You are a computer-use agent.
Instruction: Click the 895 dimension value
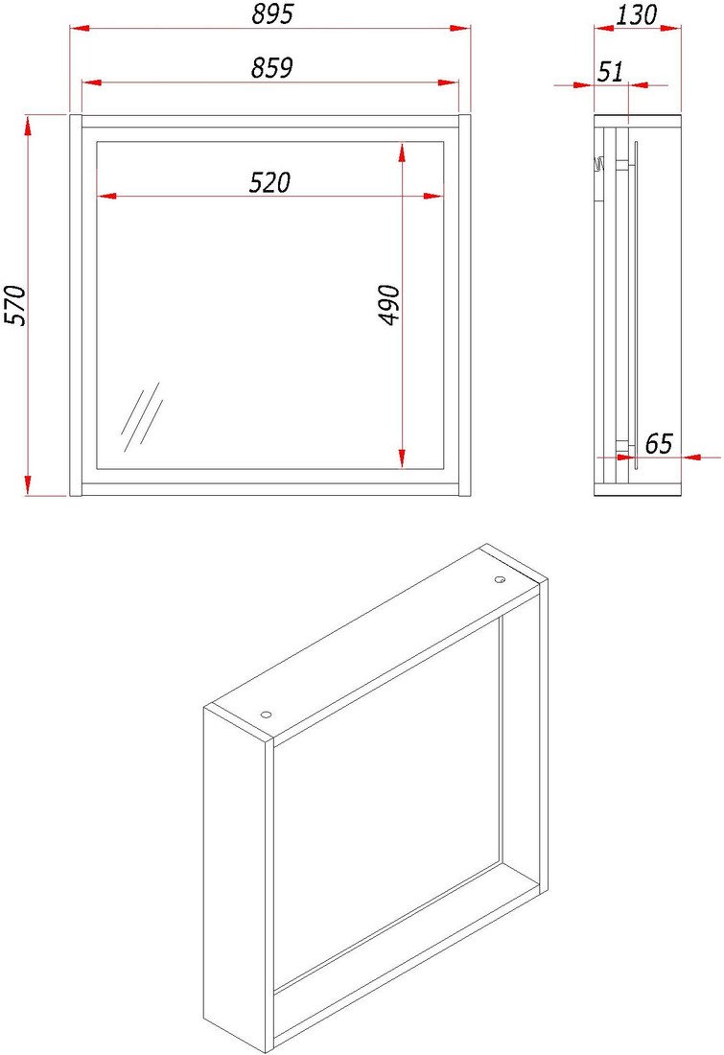point(272,14)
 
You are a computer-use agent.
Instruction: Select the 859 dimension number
point(271,68)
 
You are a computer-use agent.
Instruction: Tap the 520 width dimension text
point(269,182)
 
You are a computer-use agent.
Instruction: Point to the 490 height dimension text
point(390,305)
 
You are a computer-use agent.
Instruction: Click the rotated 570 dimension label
point(15,305)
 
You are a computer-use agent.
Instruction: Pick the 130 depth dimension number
point(637,14)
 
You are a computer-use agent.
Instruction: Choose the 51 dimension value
point(611,71)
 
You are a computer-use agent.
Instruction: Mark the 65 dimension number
point(659,444)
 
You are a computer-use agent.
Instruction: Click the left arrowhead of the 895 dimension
point(80,28)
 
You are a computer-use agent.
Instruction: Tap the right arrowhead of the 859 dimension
point(449,82)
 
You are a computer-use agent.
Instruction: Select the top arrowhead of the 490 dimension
point(402,152)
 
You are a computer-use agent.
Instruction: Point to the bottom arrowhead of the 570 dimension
point(28,485)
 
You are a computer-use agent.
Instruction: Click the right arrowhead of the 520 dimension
point(434,197)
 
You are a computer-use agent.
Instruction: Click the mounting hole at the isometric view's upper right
point(500,579)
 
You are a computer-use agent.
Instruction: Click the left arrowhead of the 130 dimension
point(604,28)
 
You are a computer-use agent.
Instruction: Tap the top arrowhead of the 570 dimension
point(28,126)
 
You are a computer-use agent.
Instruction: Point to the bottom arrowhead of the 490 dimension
point(402,458)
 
